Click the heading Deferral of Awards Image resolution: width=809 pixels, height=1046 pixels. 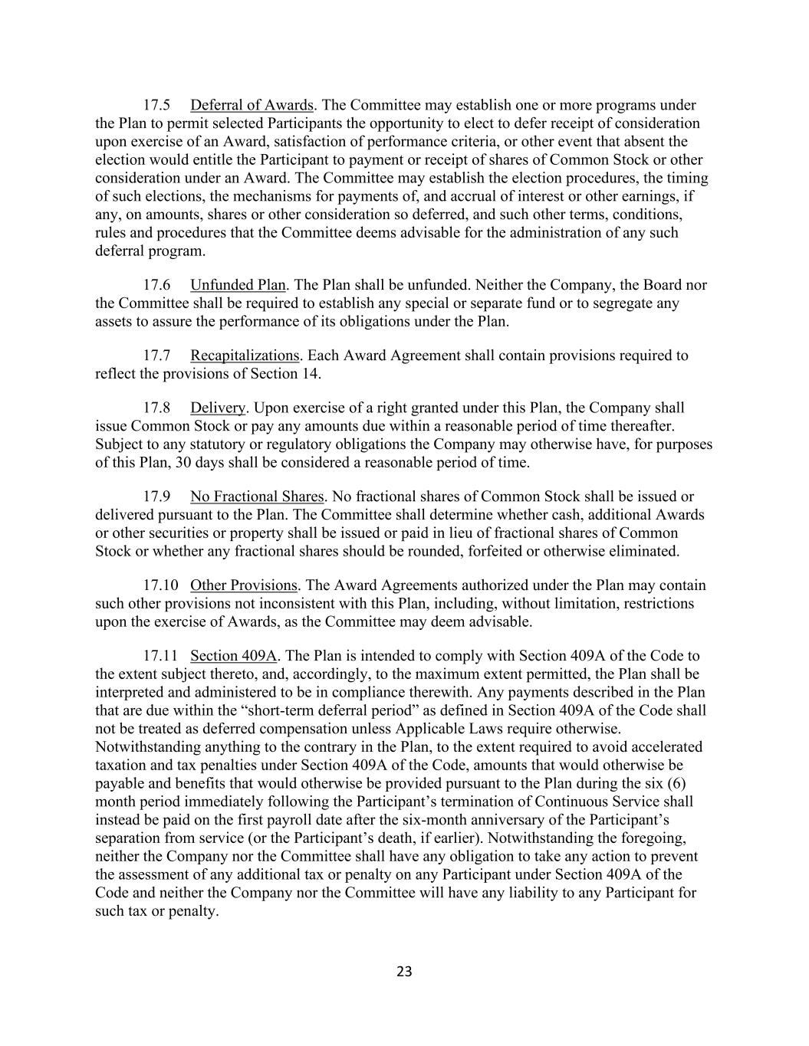[252, 105]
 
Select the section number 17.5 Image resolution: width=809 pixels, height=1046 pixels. [156, 105]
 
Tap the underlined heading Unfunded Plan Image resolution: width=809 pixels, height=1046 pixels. [238, 285]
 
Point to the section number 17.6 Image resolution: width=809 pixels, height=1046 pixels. [156, 285]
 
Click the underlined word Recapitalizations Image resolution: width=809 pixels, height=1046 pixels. [245, 356]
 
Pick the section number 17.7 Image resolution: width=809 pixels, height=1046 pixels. [156, 356]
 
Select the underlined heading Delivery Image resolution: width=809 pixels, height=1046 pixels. [218, 408]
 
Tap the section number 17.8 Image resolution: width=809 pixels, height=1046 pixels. [156, 408]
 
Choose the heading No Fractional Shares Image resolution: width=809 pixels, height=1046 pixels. [257, 497]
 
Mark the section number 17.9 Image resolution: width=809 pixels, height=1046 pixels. [156, 497]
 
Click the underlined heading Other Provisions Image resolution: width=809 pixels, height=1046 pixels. [243, 585]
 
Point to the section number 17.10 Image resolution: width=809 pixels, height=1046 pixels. [160, 585]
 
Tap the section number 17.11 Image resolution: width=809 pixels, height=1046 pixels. [160, 656]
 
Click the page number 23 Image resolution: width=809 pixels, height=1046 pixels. [405, 972]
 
